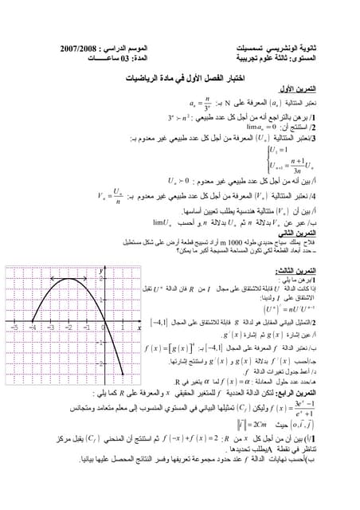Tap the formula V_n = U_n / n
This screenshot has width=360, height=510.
tap(112, 196)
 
